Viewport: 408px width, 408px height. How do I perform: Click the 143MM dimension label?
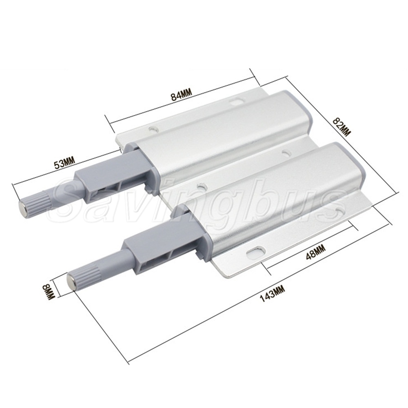click(x=273, y=293)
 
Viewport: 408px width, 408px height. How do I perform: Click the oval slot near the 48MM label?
click(x=255, y=251)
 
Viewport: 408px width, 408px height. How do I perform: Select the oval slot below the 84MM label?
click(x=236, y=100)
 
